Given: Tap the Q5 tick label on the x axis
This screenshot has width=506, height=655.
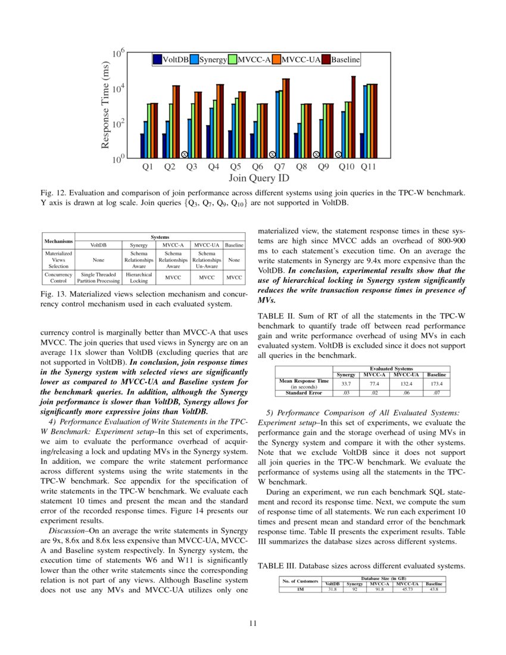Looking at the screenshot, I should click(x=235, y=167).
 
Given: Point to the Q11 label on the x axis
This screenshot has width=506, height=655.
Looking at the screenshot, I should click(x=368, y=167).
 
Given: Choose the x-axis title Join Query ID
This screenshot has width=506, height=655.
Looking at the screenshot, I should click(x=259, y=178).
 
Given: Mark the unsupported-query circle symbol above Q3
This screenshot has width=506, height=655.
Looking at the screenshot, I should click(x=185, y=154).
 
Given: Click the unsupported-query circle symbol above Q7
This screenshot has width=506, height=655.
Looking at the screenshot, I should click(x=272, y=154).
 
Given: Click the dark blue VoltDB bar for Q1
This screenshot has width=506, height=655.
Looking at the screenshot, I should click(x=142, y=146).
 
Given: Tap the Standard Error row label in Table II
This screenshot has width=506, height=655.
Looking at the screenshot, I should click(x=304, y=393).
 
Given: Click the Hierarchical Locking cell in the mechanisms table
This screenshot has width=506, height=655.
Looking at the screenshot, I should click(x=139, y=277).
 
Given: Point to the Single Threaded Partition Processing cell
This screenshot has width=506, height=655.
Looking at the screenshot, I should click(x=99, y=277).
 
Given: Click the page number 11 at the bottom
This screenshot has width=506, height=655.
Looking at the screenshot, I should click(x=252, y=623).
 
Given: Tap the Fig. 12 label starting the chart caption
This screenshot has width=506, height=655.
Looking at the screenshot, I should click(x=52, y=192).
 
